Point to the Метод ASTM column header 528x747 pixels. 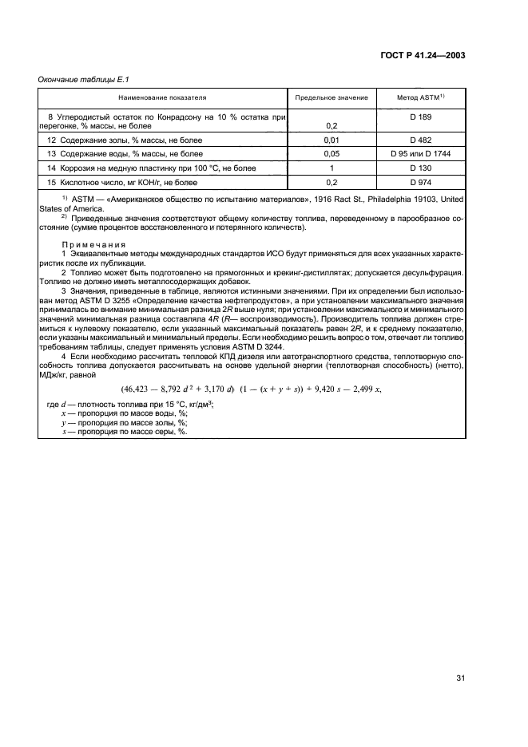tap(420, 97)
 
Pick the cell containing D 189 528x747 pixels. tap(420, 117)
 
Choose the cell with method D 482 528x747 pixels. tap(420, 140)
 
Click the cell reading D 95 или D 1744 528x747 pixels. tap(420, 154)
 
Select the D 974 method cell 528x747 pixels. tap(420, 183)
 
